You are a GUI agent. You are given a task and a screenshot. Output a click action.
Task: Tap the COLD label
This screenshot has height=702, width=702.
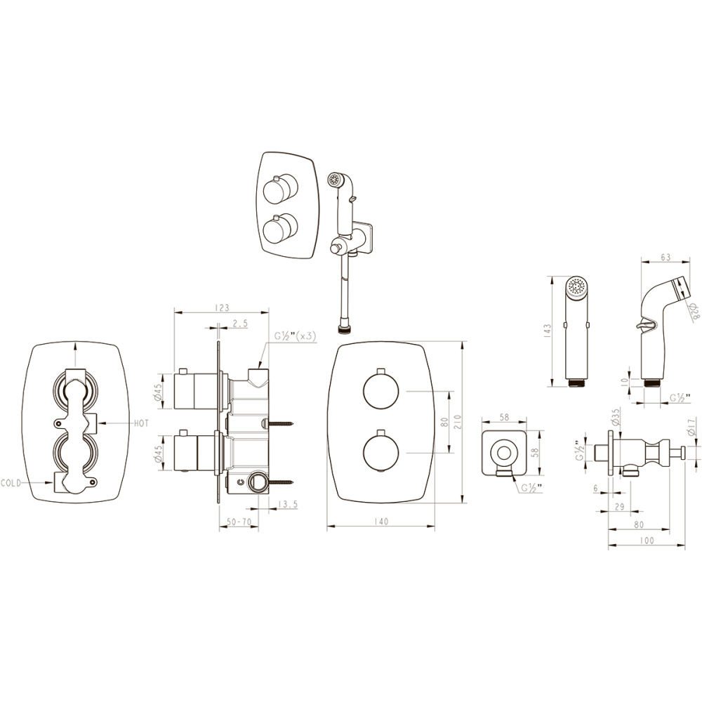(14, 483)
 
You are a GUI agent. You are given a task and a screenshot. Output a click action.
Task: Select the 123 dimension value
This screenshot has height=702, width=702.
(221, 307)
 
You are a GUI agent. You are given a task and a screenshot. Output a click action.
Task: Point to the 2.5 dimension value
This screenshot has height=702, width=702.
(240, 323)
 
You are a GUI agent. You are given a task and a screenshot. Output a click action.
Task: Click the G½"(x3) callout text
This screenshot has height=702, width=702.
(295, 336)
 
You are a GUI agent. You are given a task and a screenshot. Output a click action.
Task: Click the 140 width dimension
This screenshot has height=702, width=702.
(381, 522)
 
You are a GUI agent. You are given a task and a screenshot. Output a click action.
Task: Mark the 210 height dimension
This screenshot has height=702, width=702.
(457, 422)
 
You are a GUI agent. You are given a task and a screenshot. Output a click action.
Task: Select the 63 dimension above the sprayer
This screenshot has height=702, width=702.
(665, 258)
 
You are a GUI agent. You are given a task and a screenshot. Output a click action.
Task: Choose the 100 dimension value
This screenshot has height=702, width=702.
(647, 541)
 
